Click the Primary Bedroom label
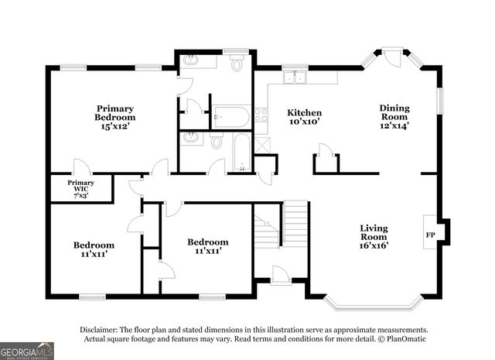[115, 113]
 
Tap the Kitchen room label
[304, 112]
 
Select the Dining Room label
[394, 113]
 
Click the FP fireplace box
[430, 233]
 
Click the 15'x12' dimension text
[115, 126]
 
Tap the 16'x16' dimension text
[374, 245]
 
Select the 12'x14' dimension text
[394, 125]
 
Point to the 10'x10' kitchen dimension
[304, 122]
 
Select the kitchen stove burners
[261, 116]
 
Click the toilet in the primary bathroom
[236, 65]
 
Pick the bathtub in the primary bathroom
[231, 118]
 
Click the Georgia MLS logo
[27, 350]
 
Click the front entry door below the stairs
[280, 275]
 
